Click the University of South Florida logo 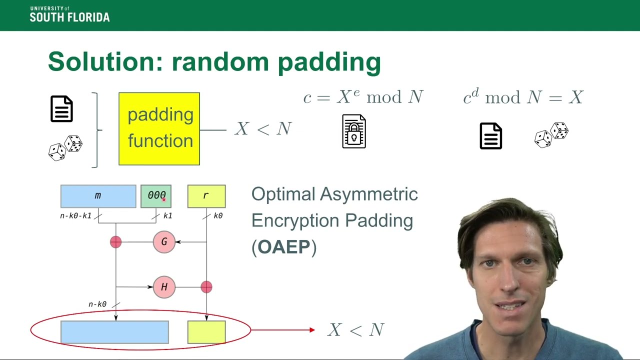(x=69, y=14)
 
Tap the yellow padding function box (x=159, y=128)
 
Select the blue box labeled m (x=98, y=196)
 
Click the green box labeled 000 (x=156, y=196)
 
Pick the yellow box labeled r (x=206, y=196)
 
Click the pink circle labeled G (x=164, y=242)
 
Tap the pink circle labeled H (x=164, y=287)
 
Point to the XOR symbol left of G (x=115, y=242)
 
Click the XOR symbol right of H (x=206, y=287)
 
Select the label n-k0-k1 (x=75, y=216)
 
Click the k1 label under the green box (x=168, y=216)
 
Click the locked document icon (x=354, y=131)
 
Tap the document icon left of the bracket (x=61, y=109)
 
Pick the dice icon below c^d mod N (x=551, y=135)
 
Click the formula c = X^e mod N (x=363, y=97)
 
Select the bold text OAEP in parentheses (x=284, y=247)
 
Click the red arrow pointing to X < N (x=283, y=330)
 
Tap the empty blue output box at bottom (x=114, y=332)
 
